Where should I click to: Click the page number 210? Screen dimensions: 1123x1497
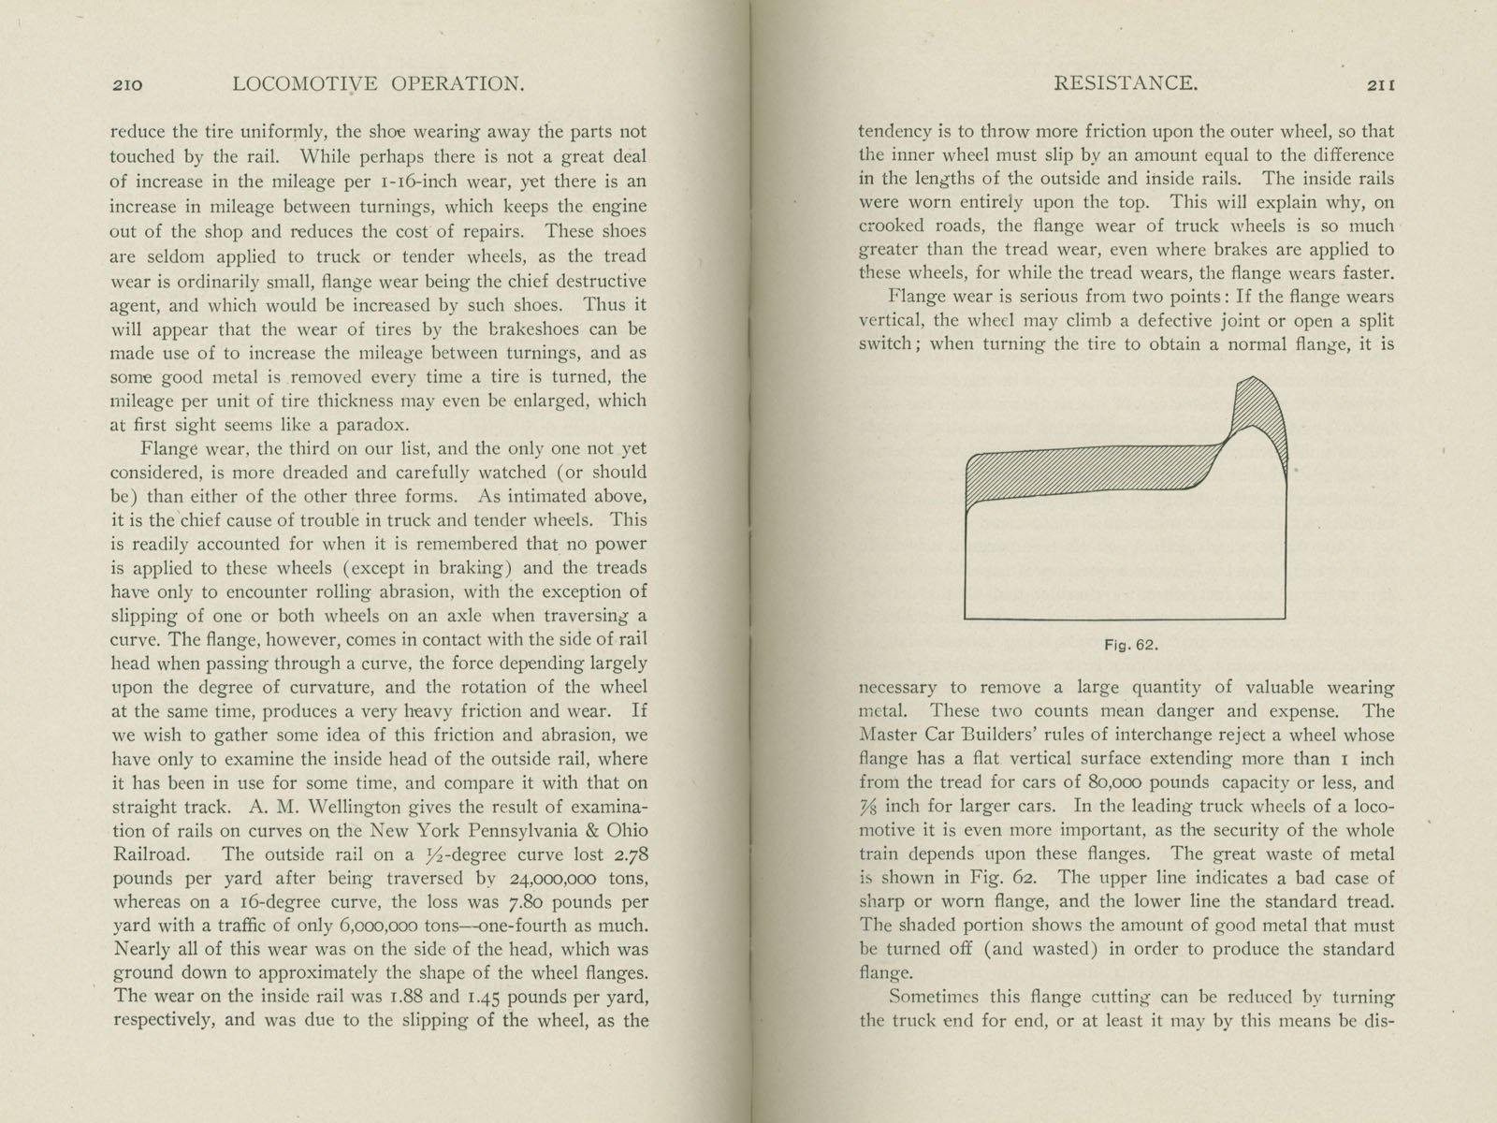126,84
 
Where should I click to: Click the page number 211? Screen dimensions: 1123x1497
1381,84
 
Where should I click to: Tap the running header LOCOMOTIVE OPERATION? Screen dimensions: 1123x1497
378,83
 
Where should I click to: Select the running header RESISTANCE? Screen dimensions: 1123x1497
1126,83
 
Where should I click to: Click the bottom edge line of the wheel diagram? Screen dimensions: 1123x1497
1124,619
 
